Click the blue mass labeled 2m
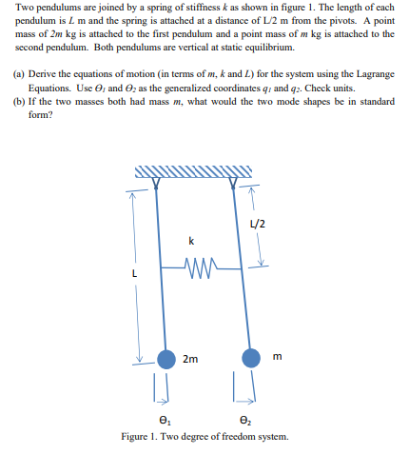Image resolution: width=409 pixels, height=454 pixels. point(166,360)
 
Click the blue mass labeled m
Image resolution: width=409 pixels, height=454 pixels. point(251,360)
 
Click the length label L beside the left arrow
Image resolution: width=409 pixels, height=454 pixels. point(135,275)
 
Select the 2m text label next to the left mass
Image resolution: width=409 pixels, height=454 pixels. point(190,359)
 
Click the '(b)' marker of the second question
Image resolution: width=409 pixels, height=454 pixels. point(20,100)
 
